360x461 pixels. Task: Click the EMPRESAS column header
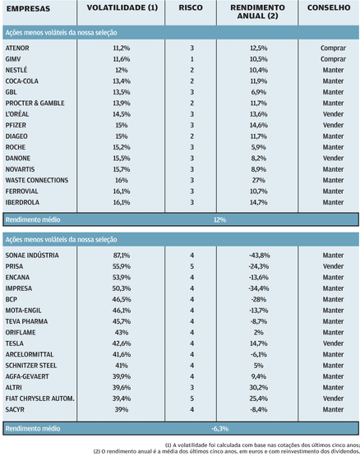[28, 9]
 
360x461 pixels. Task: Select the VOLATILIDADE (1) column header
[122, 7]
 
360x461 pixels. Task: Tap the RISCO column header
[191, 7]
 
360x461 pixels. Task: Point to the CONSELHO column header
[329, 7]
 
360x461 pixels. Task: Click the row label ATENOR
[17, 48]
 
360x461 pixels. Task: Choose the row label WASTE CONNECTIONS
[37, 180]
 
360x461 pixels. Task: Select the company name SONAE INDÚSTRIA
[32, 256]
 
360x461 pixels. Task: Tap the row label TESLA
[15, 343]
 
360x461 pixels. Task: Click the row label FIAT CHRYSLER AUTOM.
[39, 399]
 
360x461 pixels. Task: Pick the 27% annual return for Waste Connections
[259, 180]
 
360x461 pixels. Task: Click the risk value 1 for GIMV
[192, 59]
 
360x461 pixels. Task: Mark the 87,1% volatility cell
[122, 256]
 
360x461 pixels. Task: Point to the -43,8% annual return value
[259, 256]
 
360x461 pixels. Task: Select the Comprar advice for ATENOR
[333, 48]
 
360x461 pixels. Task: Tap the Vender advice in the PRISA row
[333, 266]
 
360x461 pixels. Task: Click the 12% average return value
[219, 220]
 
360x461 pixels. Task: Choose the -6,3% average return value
[219, 429]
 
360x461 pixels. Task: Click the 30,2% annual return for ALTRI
[259, 388]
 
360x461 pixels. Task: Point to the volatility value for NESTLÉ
[122, 70]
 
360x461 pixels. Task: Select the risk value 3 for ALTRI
[192, 388]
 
